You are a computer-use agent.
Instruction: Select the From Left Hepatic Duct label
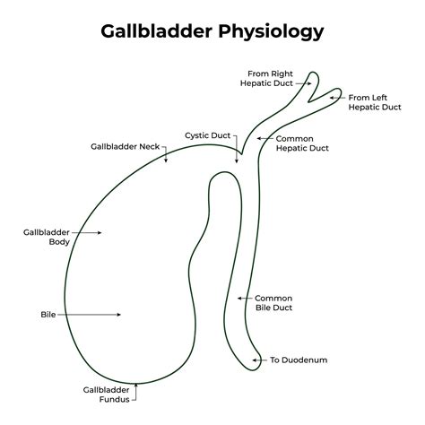374,102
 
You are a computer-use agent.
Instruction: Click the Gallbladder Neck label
126,145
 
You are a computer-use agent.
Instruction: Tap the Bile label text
48,315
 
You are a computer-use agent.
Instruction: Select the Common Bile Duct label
273,303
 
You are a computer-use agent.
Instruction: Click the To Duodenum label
299,360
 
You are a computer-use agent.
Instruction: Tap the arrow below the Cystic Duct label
238,153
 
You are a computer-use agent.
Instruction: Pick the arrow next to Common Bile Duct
244,298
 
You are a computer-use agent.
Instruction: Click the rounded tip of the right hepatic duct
313,74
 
